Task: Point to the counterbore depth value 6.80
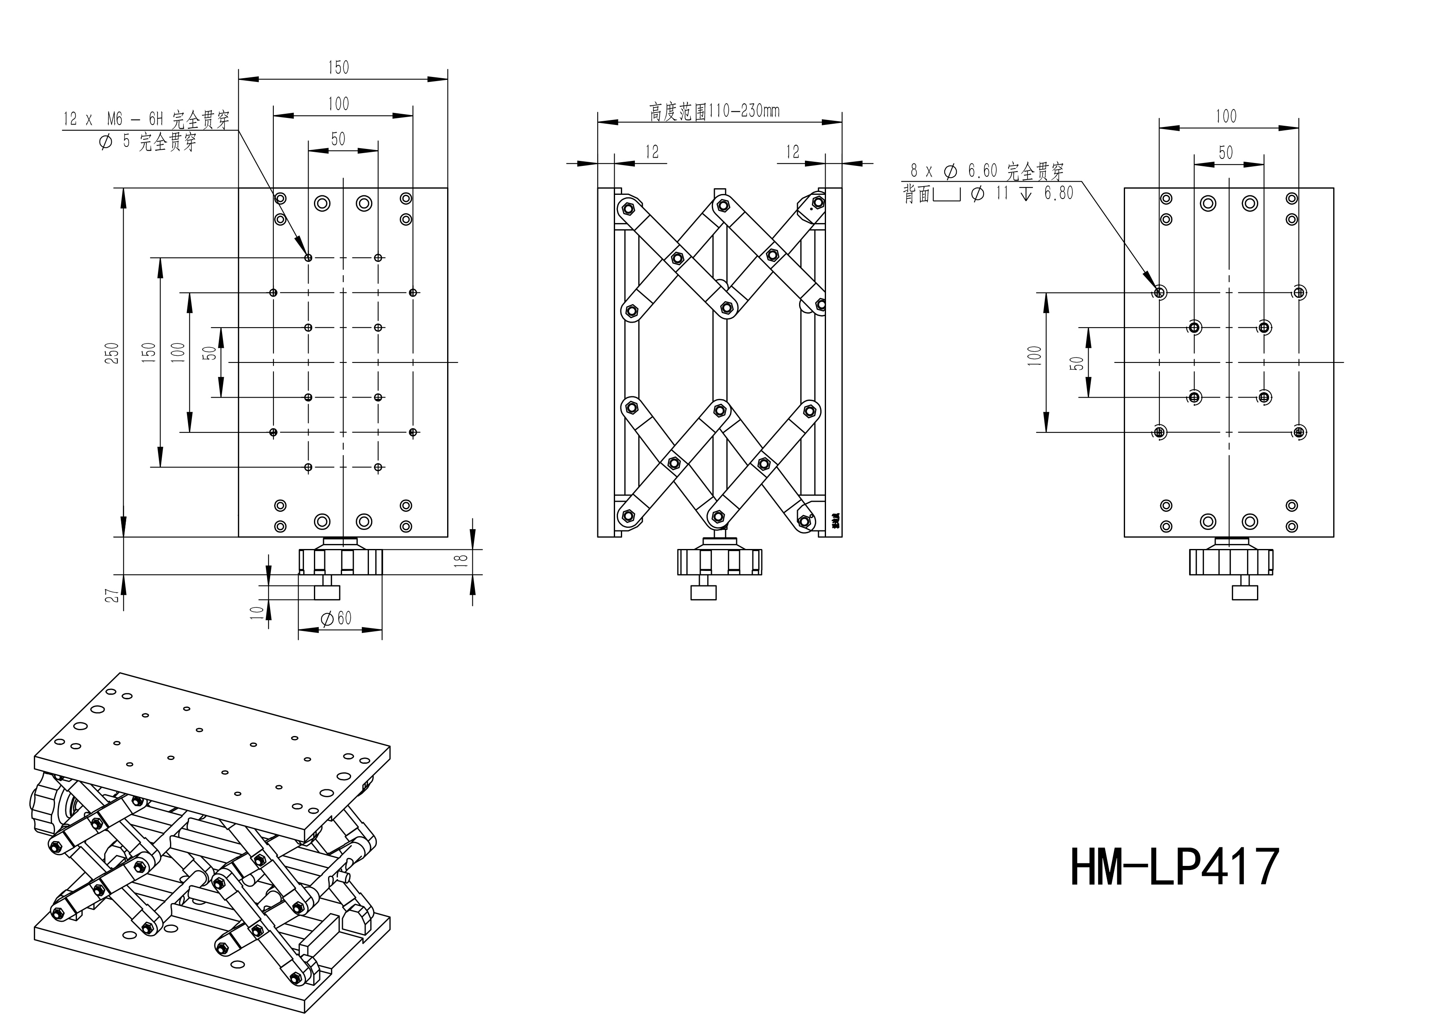coord(1058,194)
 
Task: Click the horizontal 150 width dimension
coord(338,67)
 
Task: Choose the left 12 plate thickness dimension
coord(651,152)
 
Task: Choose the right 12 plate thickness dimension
coord(793,152)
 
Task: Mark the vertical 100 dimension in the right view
coord(1034,356)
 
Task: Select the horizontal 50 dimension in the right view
coord(1226,152)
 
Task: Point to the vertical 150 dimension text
coord(149,353)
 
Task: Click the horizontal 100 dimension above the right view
coord(1226,116)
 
